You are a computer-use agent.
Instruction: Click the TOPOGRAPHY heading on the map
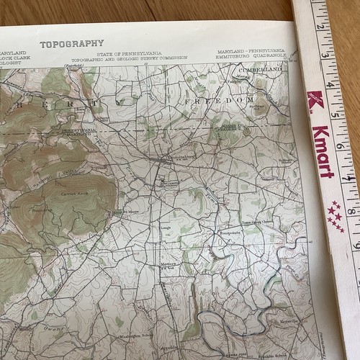click(71, 44)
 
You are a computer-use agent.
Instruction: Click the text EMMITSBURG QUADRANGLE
click(253, 57)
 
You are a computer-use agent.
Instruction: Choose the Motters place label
click(169, 264)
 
